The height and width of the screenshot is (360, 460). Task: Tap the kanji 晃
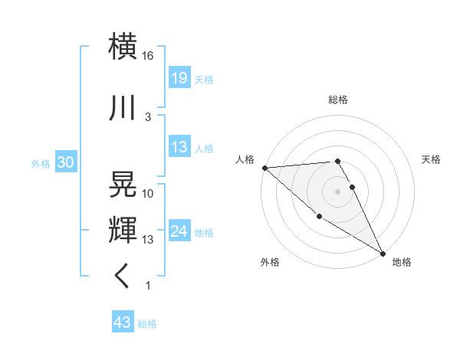tap(123, 184)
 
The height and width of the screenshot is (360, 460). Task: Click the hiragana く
tap(123, 276)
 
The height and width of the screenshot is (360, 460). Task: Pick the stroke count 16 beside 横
tap(148, 56)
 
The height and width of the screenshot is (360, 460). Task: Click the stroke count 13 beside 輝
tap(148, 240)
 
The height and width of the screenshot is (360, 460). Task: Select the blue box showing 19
tap(179, 78)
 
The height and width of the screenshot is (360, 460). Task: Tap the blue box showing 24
tap(179, 231)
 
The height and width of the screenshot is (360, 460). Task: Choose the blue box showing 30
tap(65, 162)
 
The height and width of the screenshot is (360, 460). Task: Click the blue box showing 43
tap(122, 323)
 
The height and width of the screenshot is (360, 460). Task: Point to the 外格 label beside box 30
tap(41, 163)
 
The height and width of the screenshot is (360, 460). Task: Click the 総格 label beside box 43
tap(147, 324)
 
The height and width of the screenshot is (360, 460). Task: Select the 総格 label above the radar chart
tap(338, 100)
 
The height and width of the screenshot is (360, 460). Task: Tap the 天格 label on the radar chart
tap(432, 159)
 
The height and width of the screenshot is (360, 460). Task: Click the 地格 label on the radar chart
tap(402, 262)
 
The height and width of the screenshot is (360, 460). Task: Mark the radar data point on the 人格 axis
tap(264, 167)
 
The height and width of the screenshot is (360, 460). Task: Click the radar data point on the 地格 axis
tap(382, 253)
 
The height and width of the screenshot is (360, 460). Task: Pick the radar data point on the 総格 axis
tap(337, 161)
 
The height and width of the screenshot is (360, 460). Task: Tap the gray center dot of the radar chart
tap(338, 191)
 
